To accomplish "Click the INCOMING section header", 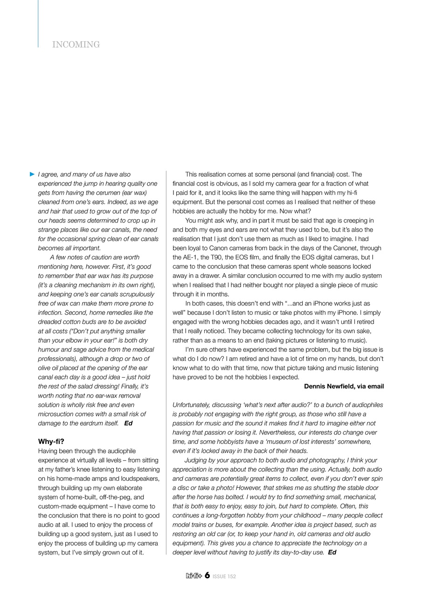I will tap(76, 45).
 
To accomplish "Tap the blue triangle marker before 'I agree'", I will tap(32, 174).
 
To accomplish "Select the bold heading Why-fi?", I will tap(51, 441).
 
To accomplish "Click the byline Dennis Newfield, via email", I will tap(344, 386).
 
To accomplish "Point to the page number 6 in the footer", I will tap(207, 576).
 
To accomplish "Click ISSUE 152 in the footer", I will tap(224, 576).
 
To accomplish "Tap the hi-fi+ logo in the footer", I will tap(193, 576).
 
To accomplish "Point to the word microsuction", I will tap(58, 414).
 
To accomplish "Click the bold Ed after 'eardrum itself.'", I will tap(128, 423).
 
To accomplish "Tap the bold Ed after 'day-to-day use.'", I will tap(332, 552).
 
